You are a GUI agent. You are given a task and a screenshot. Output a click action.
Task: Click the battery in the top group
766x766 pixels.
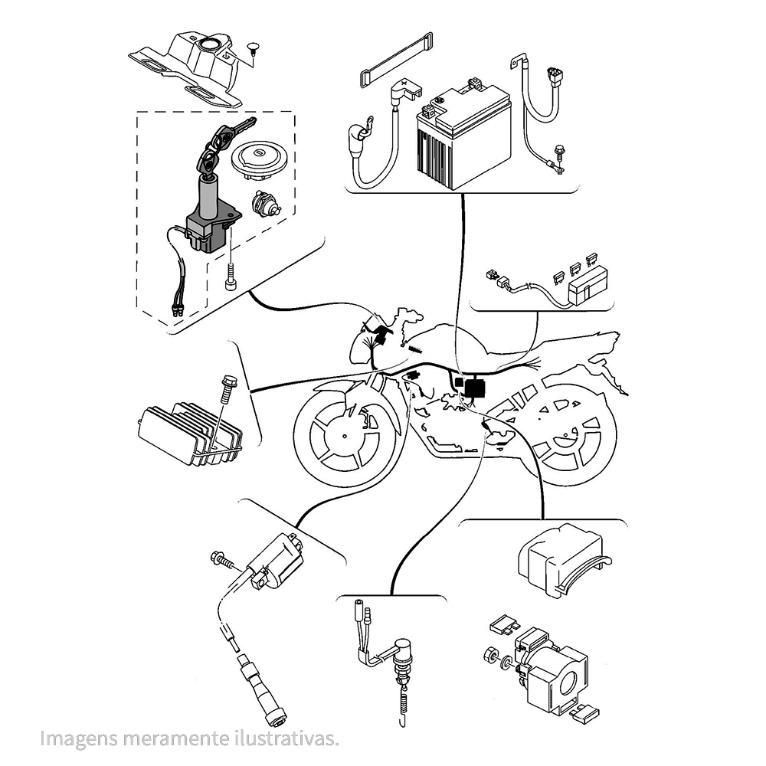(463, 134)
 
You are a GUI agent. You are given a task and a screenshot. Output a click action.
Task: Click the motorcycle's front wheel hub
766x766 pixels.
(345, 437)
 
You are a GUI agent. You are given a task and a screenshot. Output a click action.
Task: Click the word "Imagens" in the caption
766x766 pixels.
(79, 738)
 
